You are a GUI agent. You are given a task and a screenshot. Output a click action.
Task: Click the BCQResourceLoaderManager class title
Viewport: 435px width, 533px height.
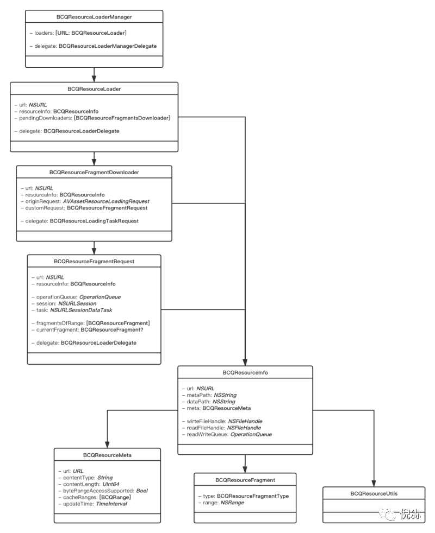pos(94,17)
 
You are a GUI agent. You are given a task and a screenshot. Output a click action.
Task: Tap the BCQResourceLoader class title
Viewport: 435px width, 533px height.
pos(94,88)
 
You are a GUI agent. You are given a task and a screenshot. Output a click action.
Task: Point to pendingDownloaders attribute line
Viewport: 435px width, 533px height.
pos(92,118)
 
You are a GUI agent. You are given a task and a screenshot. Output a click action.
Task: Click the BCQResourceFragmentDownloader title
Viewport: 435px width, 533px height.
pos(94,172)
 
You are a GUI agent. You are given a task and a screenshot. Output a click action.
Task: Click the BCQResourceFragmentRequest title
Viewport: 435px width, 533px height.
pos(94,261)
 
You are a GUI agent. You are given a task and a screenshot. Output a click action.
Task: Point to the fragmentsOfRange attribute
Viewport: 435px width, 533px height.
pos(90,323)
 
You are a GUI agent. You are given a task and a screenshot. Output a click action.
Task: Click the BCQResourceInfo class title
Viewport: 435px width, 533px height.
pos(245,373)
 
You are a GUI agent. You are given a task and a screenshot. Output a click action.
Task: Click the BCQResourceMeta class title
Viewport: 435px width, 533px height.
pos(107,454)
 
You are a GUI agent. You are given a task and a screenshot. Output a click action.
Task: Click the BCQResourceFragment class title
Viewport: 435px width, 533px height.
pos(245,480)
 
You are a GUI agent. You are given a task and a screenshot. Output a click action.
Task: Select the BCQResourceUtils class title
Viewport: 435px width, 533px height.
pos(374,493)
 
